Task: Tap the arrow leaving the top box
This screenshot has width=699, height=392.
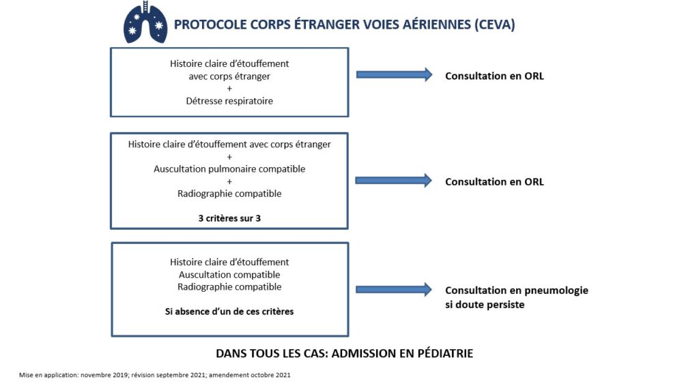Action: [x=394, y=75]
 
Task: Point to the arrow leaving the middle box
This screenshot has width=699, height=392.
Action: [x=394, y=181]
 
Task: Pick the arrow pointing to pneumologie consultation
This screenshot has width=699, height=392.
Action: [x=394, y=290]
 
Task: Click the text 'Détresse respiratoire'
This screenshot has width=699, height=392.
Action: [x=229, y=101]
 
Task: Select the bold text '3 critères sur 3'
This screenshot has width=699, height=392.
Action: [x=229, y=218]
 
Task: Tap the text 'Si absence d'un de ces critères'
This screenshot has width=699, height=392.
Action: [x=229, y=312]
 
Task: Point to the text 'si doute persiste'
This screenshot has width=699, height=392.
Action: [x=485, y=305]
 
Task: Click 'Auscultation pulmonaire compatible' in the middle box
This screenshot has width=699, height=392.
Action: [x=229, y=169]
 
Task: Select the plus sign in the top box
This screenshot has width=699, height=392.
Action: [x=229, y=89]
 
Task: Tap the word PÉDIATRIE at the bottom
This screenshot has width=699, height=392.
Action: [x=445, y=354]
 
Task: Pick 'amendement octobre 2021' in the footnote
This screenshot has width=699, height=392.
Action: [x=250, y=375]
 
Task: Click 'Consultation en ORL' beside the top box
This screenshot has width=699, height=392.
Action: [x=494, y=76]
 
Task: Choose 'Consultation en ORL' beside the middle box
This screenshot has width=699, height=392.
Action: [x=494, y=182]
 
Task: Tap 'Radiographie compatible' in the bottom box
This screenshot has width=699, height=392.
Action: [x=229, y=287]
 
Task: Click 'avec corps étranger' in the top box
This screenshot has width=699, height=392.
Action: [x=229, y=76]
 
